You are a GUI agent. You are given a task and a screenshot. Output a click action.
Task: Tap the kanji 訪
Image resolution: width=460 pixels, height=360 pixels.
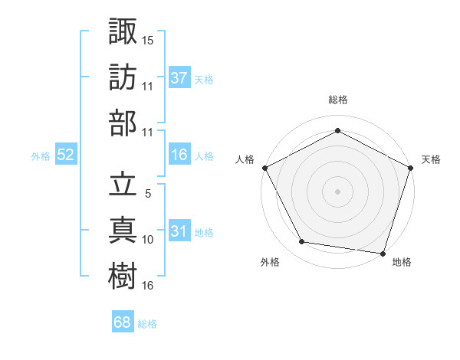pos(123,77)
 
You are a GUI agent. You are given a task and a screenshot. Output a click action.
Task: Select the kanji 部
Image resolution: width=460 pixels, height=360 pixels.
pos(123,123)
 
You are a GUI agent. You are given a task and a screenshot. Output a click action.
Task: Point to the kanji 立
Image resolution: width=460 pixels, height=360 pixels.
pos(123,185)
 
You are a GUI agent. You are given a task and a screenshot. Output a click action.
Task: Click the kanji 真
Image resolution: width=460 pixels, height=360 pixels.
pos(123,230)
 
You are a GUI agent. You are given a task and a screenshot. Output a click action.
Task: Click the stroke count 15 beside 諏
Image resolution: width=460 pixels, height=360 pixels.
pos(148,40)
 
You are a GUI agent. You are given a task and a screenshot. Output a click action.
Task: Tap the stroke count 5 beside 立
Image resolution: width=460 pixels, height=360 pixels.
pos(148,194)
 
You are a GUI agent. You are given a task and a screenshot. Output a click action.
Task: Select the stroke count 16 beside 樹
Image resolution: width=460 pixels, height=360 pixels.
pos(148,285)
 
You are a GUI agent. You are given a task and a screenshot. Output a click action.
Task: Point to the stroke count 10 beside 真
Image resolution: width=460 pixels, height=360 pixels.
pos(148,240)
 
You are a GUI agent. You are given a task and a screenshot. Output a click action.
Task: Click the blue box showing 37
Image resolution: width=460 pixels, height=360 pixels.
pos(179,78)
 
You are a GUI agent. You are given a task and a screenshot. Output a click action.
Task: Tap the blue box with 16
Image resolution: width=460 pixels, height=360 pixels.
pos(179,155)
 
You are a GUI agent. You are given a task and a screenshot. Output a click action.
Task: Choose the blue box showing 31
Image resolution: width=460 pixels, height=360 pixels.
pos(179,231)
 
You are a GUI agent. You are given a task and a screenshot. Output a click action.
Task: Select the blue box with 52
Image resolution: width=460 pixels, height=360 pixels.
pos(66,155)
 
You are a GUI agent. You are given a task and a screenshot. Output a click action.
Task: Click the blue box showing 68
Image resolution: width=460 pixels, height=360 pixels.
pos(122,323)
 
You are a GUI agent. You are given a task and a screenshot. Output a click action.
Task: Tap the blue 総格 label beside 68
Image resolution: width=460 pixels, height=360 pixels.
pos(147,324)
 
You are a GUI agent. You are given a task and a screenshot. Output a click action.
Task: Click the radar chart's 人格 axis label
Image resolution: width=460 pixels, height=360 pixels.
pos(245,159)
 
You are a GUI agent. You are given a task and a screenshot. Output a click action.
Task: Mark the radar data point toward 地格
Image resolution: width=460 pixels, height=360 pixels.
pos(383,253)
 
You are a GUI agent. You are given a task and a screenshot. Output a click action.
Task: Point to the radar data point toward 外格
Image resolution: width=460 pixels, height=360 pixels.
pos(302,242)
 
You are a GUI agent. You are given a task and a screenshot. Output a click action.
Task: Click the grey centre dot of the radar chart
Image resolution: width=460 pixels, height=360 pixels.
pos(337,191)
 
